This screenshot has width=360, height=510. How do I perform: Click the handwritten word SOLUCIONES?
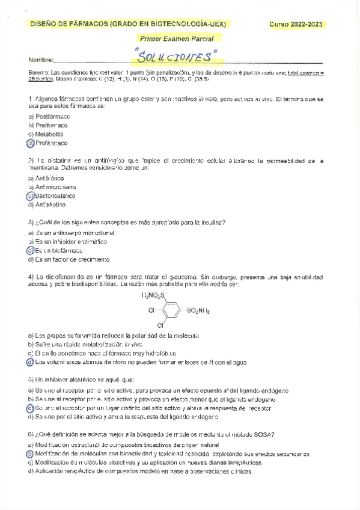click(x=176, y=58)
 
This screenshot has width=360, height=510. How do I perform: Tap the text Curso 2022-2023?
click(x=295, y=25)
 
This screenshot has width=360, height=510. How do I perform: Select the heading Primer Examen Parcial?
click(x=176, y=38)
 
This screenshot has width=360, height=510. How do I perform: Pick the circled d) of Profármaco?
click(x=31, y=143)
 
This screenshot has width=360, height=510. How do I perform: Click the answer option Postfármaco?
click(x=52, y=117)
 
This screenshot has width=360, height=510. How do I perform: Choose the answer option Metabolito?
click(x=50, y=134)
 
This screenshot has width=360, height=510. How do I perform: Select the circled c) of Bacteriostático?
click(x=31, y=196)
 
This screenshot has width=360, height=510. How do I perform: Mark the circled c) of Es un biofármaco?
click(x=31, y=250)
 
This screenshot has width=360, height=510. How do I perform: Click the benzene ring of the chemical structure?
click(x=171, y=311)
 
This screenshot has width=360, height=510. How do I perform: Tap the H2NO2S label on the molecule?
click(x=153, y=295)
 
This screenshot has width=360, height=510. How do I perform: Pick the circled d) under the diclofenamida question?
click(x=31, y=362)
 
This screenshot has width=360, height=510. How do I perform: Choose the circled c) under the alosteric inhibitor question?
click(x=31, y=408)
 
